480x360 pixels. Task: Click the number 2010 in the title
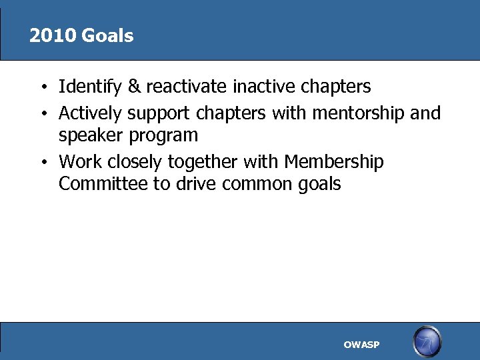53,36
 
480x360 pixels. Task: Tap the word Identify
87,87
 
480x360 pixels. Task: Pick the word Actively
90,113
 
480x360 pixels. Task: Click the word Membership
334,162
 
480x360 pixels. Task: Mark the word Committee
103,184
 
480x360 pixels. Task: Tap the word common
258,184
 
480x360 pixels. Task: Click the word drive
194,184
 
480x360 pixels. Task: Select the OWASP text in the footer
361,345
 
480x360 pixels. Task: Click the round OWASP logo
427,342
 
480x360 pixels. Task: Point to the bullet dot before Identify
42,87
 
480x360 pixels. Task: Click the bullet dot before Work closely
42,163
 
